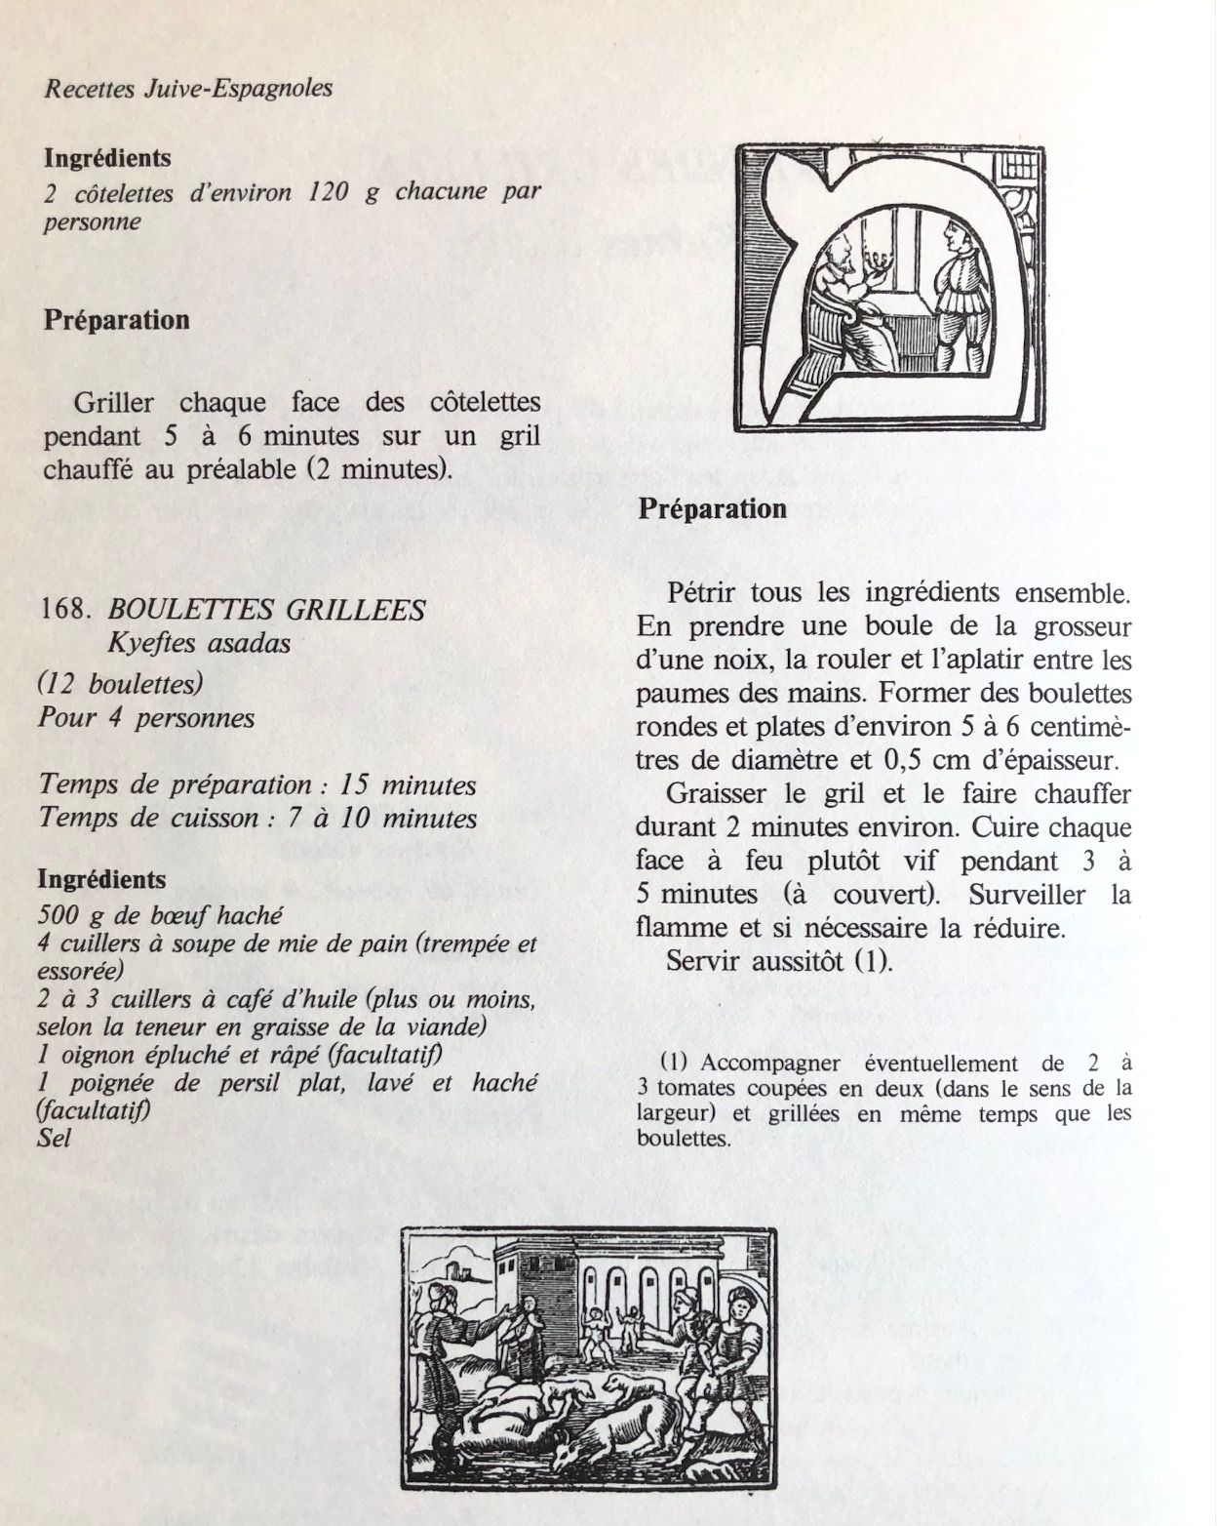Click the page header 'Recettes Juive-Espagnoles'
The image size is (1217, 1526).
(x=188, y=89)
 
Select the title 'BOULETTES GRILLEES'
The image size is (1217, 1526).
(x=267, y=611)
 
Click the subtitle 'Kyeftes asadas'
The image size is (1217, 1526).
(x=200, y=643)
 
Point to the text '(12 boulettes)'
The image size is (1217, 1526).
(x=120, y=684)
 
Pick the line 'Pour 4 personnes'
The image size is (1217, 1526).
(x=146, y=719)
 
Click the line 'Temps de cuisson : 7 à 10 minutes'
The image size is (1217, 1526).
(x=257, y=818)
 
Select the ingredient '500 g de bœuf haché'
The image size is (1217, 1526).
(x=159, y=915)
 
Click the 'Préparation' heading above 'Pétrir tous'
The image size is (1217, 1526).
(x=712, y=508)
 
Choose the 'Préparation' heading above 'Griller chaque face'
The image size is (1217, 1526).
(x=116, y=320)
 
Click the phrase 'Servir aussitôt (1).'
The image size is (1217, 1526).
(x=779, y=960)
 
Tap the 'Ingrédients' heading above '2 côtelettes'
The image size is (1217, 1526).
(x=107, y=157)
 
